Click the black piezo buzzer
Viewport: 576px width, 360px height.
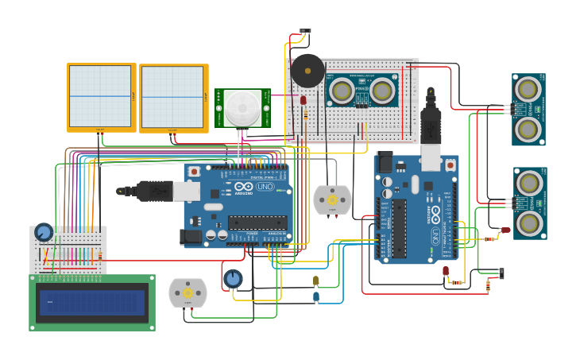[307, 71]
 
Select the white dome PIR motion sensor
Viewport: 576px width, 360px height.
[241, 108]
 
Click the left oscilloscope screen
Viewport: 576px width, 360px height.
[100, 96]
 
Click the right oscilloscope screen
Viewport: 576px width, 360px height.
[172, 97]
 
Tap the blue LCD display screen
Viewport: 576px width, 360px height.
[92, 302]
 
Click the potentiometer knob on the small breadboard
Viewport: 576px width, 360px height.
[44, 232]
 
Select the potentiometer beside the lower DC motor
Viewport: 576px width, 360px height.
[233, 279]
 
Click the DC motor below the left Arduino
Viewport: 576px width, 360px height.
[187, 292]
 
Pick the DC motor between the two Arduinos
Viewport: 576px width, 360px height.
[332, 200]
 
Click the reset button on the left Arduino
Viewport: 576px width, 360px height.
[194, 171]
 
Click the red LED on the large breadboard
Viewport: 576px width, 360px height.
[303, 100]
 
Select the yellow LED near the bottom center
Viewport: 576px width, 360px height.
[315, 281]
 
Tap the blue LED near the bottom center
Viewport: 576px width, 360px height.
[315, 296]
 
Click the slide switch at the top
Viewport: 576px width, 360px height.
[305, 32]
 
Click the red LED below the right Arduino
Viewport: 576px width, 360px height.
[446, 271]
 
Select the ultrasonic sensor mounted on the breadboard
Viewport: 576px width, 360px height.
[363, 90]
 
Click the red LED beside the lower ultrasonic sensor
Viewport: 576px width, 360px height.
[505, 230]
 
